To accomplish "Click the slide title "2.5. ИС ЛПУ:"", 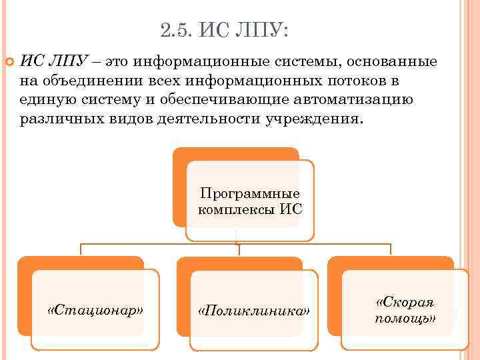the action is (225, 30).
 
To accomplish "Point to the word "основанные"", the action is (393, 62).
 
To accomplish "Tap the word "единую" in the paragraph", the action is (51, 101).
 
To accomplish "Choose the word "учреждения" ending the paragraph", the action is (313, 120).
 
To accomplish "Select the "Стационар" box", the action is (96, 310).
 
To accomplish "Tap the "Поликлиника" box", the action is (254, 311).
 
